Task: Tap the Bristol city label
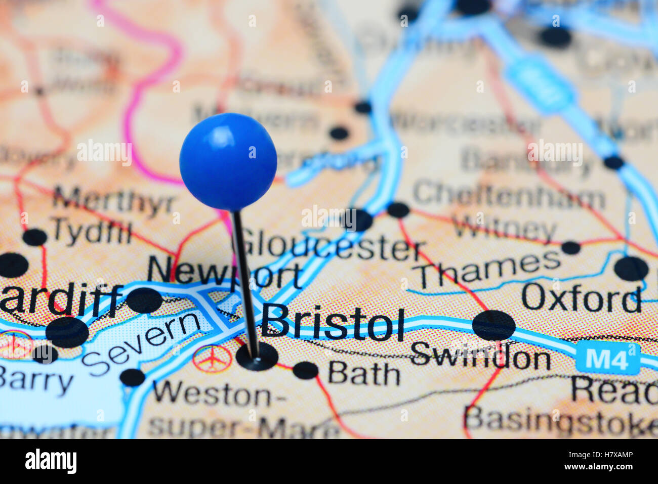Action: click(333, 323)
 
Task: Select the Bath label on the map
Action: click(364, 375)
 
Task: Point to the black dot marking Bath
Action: click(305, 370)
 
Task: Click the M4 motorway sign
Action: click(607, 358)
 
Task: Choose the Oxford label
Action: click(581, 298)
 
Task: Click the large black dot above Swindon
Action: click(493, 325)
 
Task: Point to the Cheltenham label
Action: click(509, 196)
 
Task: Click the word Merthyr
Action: click(114, 201)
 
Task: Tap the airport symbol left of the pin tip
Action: click(212, 358)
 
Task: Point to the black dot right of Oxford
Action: click(631, 268)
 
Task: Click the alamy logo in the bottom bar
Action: click(51, 461)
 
